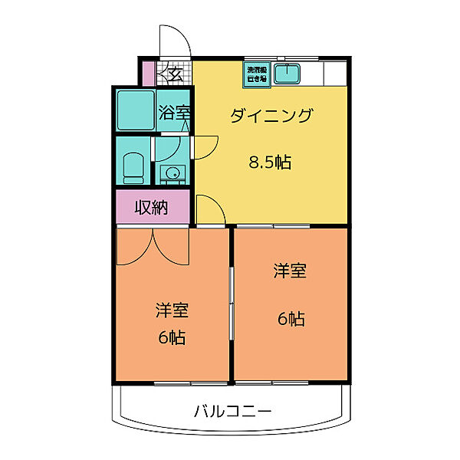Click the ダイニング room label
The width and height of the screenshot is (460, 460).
click(272, 116)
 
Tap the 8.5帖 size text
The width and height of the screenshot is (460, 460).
click(269, 162)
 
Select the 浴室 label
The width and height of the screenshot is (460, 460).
click(175, 112)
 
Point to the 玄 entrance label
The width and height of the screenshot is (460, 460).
click(175, 74)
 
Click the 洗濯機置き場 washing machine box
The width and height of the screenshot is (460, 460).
click(256, 74)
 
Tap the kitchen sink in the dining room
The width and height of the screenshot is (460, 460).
click(288, 74)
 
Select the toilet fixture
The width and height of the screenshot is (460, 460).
click(133, 165)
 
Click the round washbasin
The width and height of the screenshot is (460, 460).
click(172, 172)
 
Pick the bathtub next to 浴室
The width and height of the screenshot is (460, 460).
click(136, 110)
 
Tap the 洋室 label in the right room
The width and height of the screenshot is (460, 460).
click(291, 271)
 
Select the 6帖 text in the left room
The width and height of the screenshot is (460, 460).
click(172, 337)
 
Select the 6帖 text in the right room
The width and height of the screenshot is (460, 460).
click(291, 318)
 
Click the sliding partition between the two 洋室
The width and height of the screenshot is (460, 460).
click(232, 307)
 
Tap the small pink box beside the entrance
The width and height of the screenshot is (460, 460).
click(147, 74)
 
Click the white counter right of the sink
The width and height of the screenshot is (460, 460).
click(335, 73)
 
